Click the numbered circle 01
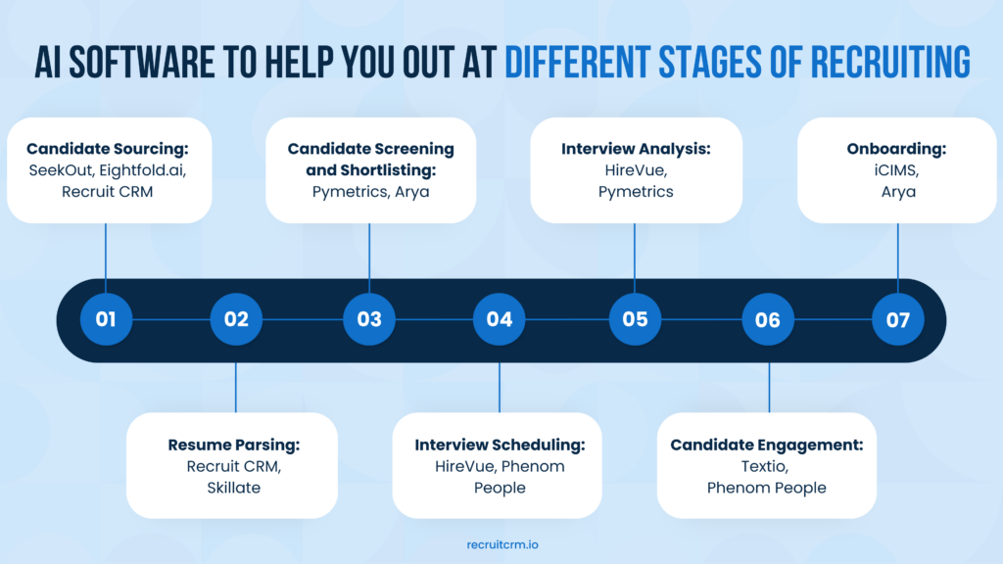(x=106, y=319)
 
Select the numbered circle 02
(x=236, y=319)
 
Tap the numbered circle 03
(x=369, y=319)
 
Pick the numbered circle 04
(x=500, y=319)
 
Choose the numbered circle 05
(x=635, y=319)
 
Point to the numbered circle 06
(x=768, y=319)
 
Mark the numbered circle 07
(x=898, y=319)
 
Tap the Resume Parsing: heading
(x=234, y=445)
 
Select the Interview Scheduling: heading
(x=500, y=445)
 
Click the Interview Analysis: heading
(x=636, y=149)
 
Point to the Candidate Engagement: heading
(x=767, y=445)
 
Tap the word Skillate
(x=234, y=487)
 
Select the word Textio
(x=765, y=466)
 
